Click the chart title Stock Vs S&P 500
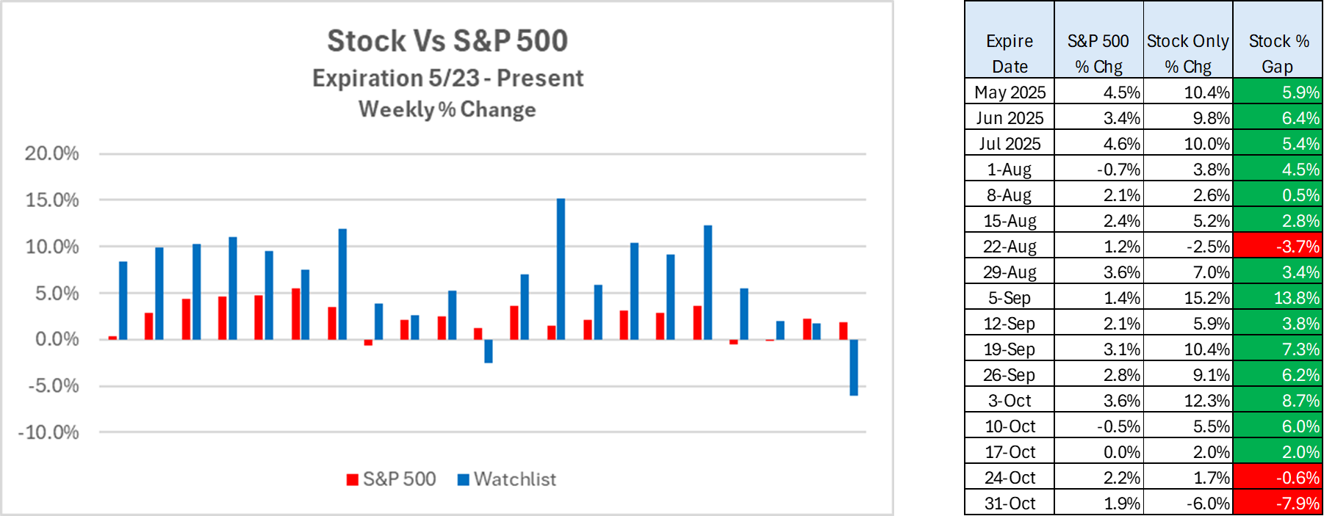[447, 41]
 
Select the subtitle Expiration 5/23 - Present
[447, 78]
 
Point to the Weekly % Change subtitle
[447, 109]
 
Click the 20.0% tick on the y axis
[51, 153]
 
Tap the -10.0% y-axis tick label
[48, 432]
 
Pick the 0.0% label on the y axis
[57, 339]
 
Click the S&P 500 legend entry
[392, 479]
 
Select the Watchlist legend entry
[507, 479]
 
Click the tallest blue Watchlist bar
[561, 269]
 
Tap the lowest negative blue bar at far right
[854, 367]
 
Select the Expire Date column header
[1010, 53]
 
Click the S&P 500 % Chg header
[1098, 53]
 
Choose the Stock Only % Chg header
[1188, 53]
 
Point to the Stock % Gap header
[1278, 53]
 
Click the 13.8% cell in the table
[1278, 298]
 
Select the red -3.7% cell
[1278, 247]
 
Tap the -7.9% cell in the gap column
[1278, 504]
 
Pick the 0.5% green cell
[1278, 195]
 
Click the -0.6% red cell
[1278, 478]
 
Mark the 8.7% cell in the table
[1278, 401]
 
